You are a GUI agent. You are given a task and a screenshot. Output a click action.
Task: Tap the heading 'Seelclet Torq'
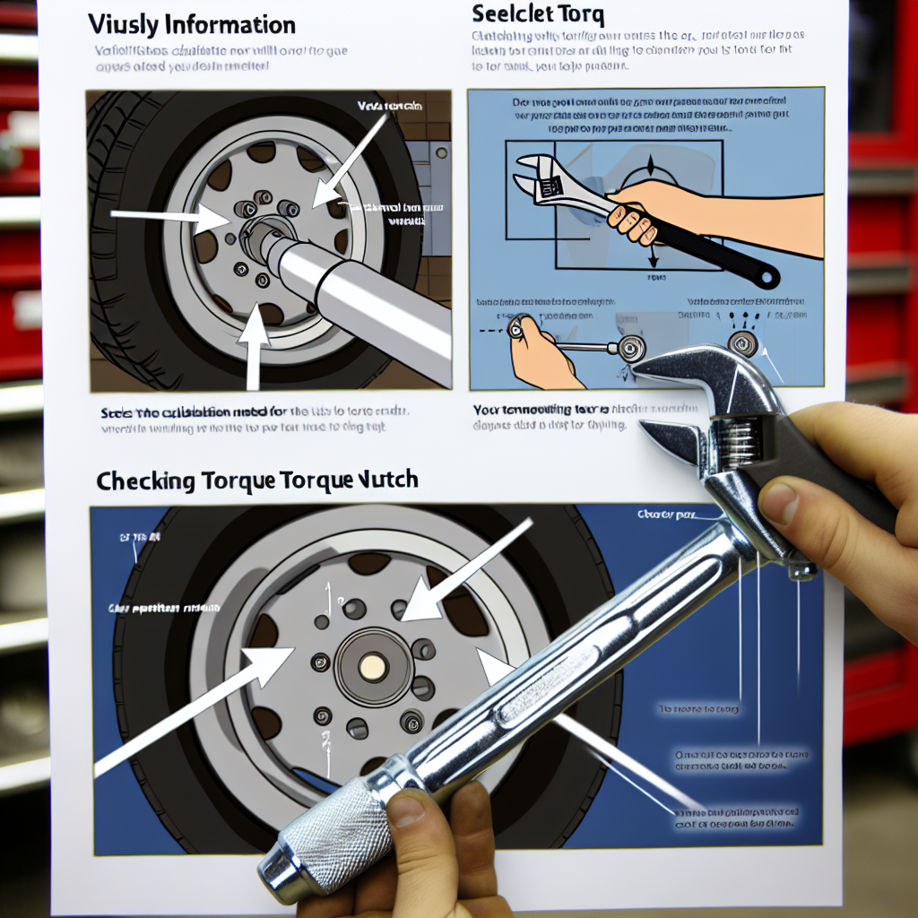click(539, 15)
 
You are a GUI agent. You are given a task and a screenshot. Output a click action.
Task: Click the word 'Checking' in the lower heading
click(146, 481)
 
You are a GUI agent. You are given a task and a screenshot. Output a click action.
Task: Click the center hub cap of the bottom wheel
click(372, 665)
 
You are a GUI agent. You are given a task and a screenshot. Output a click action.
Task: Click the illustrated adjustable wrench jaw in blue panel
click(537, 175)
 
